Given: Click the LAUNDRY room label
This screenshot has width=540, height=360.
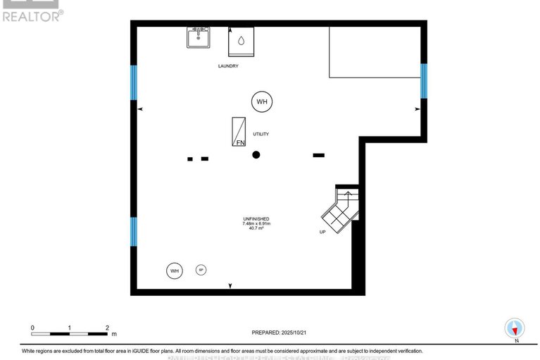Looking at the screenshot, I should (227, 66).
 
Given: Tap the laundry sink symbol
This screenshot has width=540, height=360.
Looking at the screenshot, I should (198, 37).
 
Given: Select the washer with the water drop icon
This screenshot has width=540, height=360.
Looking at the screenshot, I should (240, 42).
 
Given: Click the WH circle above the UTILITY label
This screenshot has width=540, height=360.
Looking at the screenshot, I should (262, 102).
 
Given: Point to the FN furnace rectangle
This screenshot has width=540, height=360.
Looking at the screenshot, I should (240, 132).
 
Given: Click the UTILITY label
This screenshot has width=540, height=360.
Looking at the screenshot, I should (261, 134).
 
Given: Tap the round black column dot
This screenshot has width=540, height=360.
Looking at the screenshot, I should (257, 154).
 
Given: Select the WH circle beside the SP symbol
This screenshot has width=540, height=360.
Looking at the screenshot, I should (174, 270).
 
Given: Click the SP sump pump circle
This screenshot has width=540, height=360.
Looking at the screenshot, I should (201, 270).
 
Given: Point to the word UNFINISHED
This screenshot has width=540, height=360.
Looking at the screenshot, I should (256, 218).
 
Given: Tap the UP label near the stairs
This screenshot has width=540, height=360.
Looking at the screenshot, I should (322, 231).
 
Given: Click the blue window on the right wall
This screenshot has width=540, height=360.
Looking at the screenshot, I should (424, 80).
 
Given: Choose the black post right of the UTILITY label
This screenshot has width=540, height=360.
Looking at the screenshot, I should (318, 155).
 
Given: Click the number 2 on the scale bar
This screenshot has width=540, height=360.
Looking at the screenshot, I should (107, 328).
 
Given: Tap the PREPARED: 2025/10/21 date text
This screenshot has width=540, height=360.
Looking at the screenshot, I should (281, 331).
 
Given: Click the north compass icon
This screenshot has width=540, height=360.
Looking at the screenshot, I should (515, 328).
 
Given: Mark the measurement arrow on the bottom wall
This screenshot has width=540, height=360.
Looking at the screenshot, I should (230, 285).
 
